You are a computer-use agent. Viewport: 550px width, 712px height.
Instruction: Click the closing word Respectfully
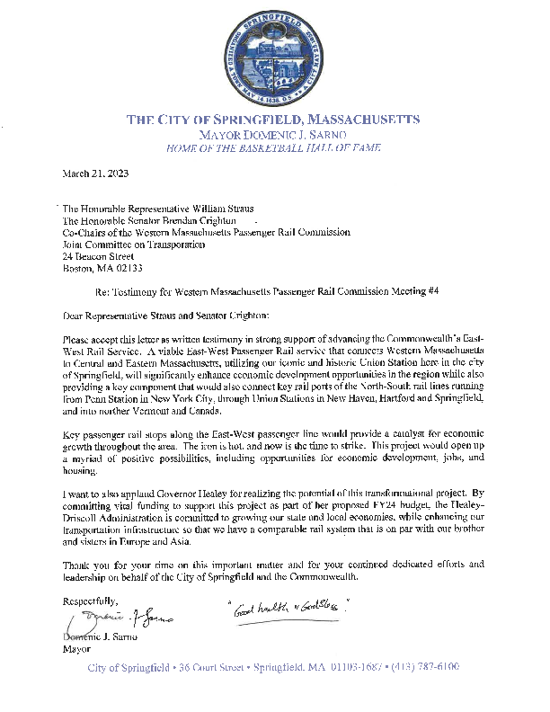(x=90, y=600)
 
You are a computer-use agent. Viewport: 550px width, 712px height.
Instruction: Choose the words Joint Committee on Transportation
(x=134, y=244)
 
